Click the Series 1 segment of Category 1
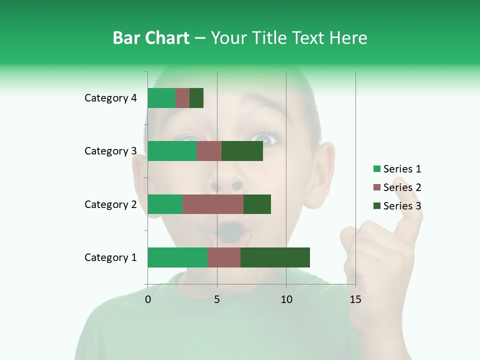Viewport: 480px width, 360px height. tap(177, 257)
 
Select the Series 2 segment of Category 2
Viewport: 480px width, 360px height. tap(213, 204)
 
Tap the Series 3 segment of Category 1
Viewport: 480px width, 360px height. tap(275, 257)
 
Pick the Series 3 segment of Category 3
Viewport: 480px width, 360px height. tap(242, 151)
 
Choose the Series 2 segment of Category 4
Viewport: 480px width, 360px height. tap(182, 98)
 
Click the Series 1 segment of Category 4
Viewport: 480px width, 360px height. tap(161, 98)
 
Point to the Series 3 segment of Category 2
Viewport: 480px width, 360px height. tap(257, 204)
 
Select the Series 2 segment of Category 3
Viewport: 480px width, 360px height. tap(209, 151)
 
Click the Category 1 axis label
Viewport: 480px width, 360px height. tap(110, 257)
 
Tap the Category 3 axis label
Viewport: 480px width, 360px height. tap(110, 151)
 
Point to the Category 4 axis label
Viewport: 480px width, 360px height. tap(110, 98)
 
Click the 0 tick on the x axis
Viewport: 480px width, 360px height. tap(148, 299)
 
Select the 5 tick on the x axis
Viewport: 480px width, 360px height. tap(217, 299)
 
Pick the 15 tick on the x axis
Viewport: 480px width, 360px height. tap(355, 299)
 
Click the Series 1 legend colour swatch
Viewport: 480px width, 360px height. tap(376, 169)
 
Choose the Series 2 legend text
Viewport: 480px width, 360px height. tap(402, 187)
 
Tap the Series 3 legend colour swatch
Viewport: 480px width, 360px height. tap(376, 206)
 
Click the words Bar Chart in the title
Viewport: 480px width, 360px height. tap(151, 38)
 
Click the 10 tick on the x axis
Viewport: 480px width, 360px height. tap(286, 299)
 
